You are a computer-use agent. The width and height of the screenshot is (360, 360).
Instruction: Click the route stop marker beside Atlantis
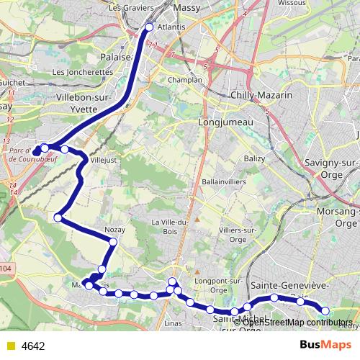tap(149, 27)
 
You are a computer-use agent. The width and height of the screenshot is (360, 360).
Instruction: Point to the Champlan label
tap(184, 80)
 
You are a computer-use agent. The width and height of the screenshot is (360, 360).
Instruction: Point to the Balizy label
tap(254, 158)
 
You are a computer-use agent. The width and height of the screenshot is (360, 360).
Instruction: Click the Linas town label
tap(173, 323)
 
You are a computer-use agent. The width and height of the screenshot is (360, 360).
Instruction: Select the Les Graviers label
tap(123, 7)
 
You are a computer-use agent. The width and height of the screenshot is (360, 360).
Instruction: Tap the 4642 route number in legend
tap(33, 346)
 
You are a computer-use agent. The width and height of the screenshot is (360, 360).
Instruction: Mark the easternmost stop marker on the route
tap(325, 311)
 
